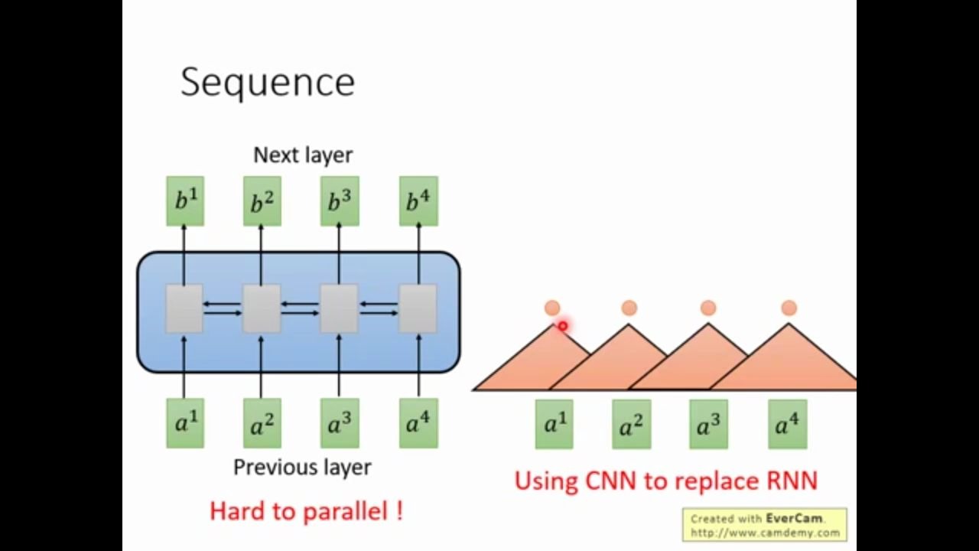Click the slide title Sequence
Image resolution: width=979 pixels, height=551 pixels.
point(268,83)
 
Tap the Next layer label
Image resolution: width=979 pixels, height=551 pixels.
point(303,155)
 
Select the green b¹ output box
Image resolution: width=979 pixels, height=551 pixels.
point(185,201)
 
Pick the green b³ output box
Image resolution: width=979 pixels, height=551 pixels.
point(339,201)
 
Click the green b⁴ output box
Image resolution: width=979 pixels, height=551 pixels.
point(418,201)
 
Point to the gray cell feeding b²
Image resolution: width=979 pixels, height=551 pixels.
point(261,308)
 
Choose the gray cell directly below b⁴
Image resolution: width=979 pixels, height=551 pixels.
point(418,308)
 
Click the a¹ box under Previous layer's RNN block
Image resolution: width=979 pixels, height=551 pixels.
point(185,423)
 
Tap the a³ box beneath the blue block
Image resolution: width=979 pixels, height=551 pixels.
point(339,423)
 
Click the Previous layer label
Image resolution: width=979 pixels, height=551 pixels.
point(302,467)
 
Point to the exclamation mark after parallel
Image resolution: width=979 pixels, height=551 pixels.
point(399,510)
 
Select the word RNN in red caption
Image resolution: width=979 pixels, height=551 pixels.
point(792,481)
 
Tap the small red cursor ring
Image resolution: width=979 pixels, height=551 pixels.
point(562,327)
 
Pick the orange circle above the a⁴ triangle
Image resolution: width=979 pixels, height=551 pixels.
point(789,308)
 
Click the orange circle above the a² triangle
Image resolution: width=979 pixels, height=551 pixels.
point(629,308)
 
